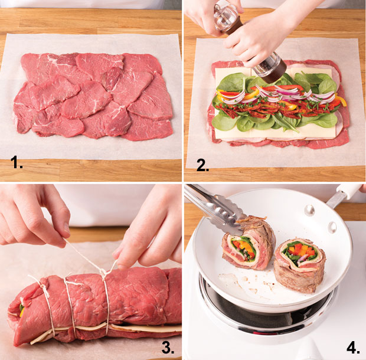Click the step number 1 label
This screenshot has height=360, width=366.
point(17,162)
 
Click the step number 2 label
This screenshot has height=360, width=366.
point(202,165)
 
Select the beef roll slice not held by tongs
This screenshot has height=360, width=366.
point(300,265)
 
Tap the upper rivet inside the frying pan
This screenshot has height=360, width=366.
point(309,210)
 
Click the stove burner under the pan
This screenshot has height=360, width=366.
point(269,310)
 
